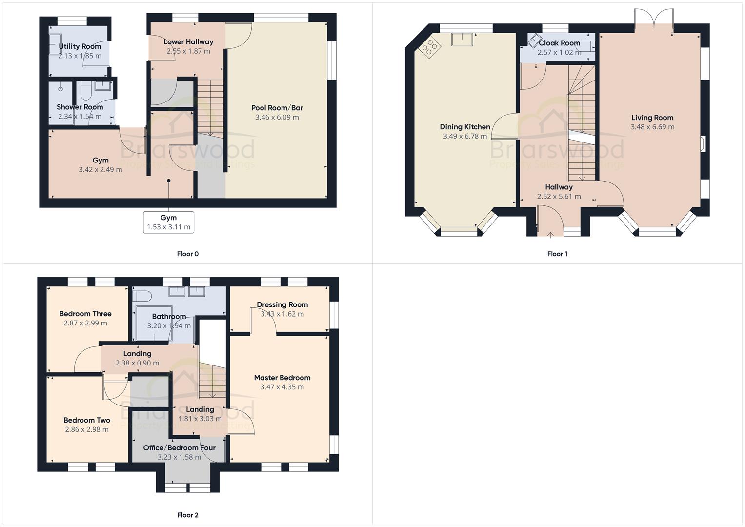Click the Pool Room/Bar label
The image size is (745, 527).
coord(277,108)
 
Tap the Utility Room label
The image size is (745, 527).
coord(80,46)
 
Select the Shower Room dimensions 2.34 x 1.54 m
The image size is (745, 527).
coord(80,117)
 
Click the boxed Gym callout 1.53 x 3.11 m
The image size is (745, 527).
coord(168,223)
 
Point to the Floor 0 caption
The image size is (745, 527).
coord(187,254)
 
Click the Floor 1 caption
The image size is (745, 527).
coord(557,254)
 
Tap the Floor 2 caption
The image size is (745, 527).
coord(187,515)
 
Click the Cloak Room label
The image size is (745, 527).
coord(559,43)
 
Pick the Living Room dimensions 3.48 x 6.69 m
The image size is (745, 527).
coord(652,127)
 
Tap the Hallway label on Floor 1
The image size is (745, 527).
coord(559,187)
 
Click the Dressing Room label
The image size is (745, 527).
coord(282,304)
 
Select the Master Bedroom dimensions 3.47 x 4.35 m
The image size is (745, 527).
coord(282,387)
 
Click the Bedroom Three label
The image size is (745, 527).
coord(85,314)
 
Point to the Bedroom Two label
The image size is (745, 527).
coord(87,420)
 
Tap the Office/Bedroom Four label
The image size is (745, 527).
coord(179,447)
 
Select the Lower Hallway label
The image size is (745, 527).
coord(188,42)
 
